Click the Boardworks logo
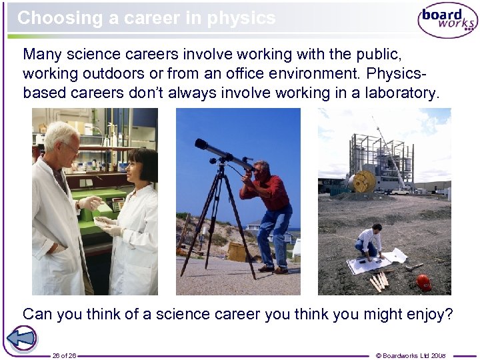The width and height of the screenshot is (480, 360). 447,19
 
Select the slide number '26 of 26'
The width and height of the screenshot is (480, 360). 64,355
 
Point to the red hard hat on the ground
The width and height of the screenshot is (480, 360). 423,282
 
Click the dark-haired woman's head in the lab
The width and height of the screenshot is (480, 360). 141,166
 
